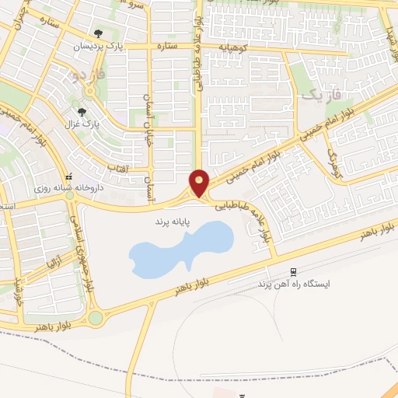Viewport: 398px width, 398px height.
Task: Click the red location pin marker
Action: point(199,181)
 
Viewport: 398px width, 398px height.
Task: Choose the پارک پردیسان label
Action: point(99,47)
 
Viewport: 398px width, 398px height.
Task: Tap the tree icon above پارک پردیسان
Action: point(98,34)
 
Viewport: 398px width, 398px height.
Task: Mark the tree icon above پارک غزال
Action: point(93,112)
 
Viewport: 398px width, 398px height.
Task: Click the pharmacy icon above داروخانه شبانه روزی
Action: point(71,175)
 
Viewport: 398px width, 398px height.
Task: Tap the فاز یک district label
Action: point(319,95)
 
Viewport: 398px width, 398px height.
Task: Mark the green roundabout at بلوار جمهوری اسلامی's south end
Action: point(96,317)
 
